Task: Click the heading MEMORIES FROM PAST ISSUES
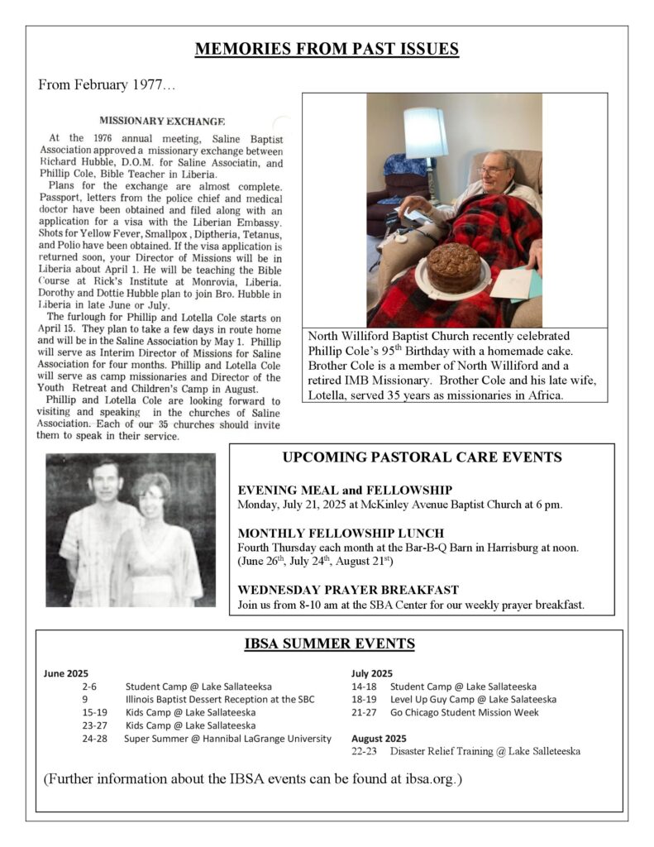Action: (327, 50)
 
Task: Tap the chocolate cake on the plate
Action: (453, 267)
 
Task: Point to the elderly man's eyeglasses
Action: (493, 171)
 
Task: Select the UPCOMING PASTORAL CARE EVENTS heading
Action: (422, 457)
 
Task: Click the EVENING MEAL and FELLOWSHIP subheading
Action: (344, 490)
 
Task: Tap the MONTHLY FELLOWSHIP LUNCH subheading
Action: (341, 534)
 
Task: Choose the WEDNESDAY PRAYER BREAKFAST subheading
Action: (347, 591)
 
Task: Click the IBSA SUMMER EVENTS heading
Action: (329, 644)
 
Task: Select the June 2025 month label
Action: (66, 673)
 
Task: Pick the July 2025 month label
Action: (372, 673)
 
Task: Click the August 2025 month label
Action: (379, 738)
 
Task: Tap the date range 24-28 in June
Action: (94, 739)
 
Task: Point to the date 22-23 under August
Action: (365, 752)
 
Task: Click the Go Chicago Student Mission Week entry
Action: (465, 712)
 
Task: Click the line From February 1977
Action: (107, 85)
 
